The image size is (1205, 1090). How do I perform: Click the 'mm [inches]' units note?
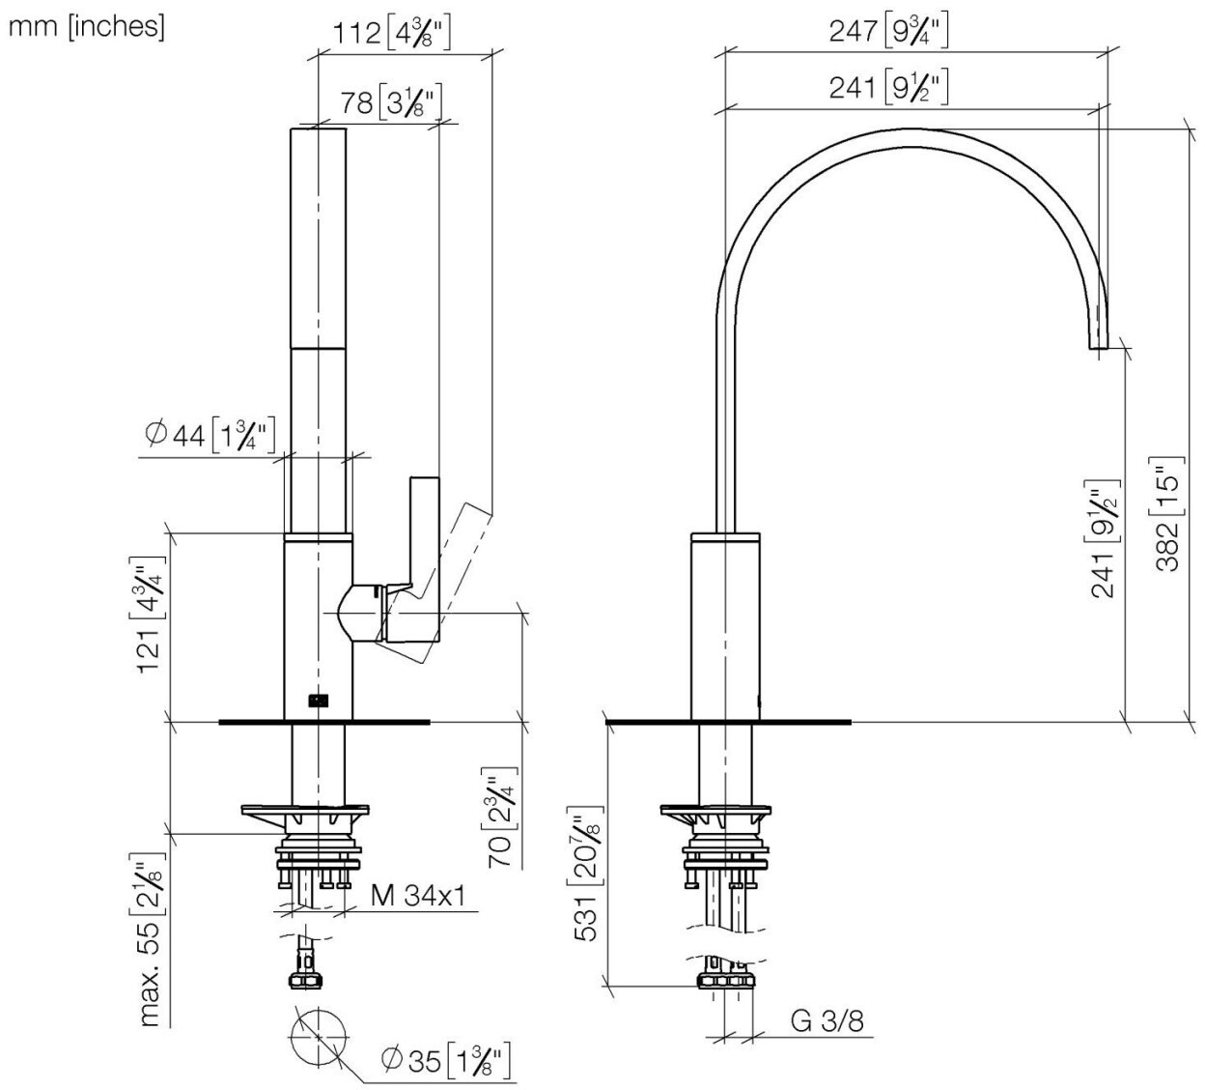click(x=87, y=26)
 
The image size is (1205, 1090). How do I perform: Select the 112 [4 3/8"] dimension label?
click(x=391, y=34)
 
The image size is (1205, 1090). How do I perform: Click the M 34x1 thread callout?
click(x=418, y=896)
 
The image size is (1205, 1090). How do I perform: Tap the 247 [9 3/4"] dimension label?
click(x=888, y=32)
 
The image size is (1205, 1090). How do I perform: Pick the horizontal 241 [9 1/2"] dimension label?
click(x=888, y=88)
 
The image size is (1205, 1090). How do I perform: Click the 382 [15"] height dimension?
click(x=1168, y=513)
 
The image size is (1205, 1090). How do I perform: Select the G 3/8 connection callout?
click(x=827, y=1021)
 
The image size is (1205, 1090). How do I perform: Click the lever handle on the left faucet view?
click(x=425, y=541)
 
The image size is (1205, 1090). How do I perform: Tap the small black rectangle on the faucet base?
click(x=317, y=701)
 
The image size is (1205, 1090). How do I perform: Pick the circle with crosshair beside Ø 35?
click(x=317, y=1040)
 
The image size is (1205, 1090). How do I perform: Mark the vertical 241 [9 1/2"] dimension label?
click(x=1105, y=538)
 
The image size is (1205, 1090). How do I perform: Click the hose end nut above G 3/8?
click(x=725, y=983)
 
